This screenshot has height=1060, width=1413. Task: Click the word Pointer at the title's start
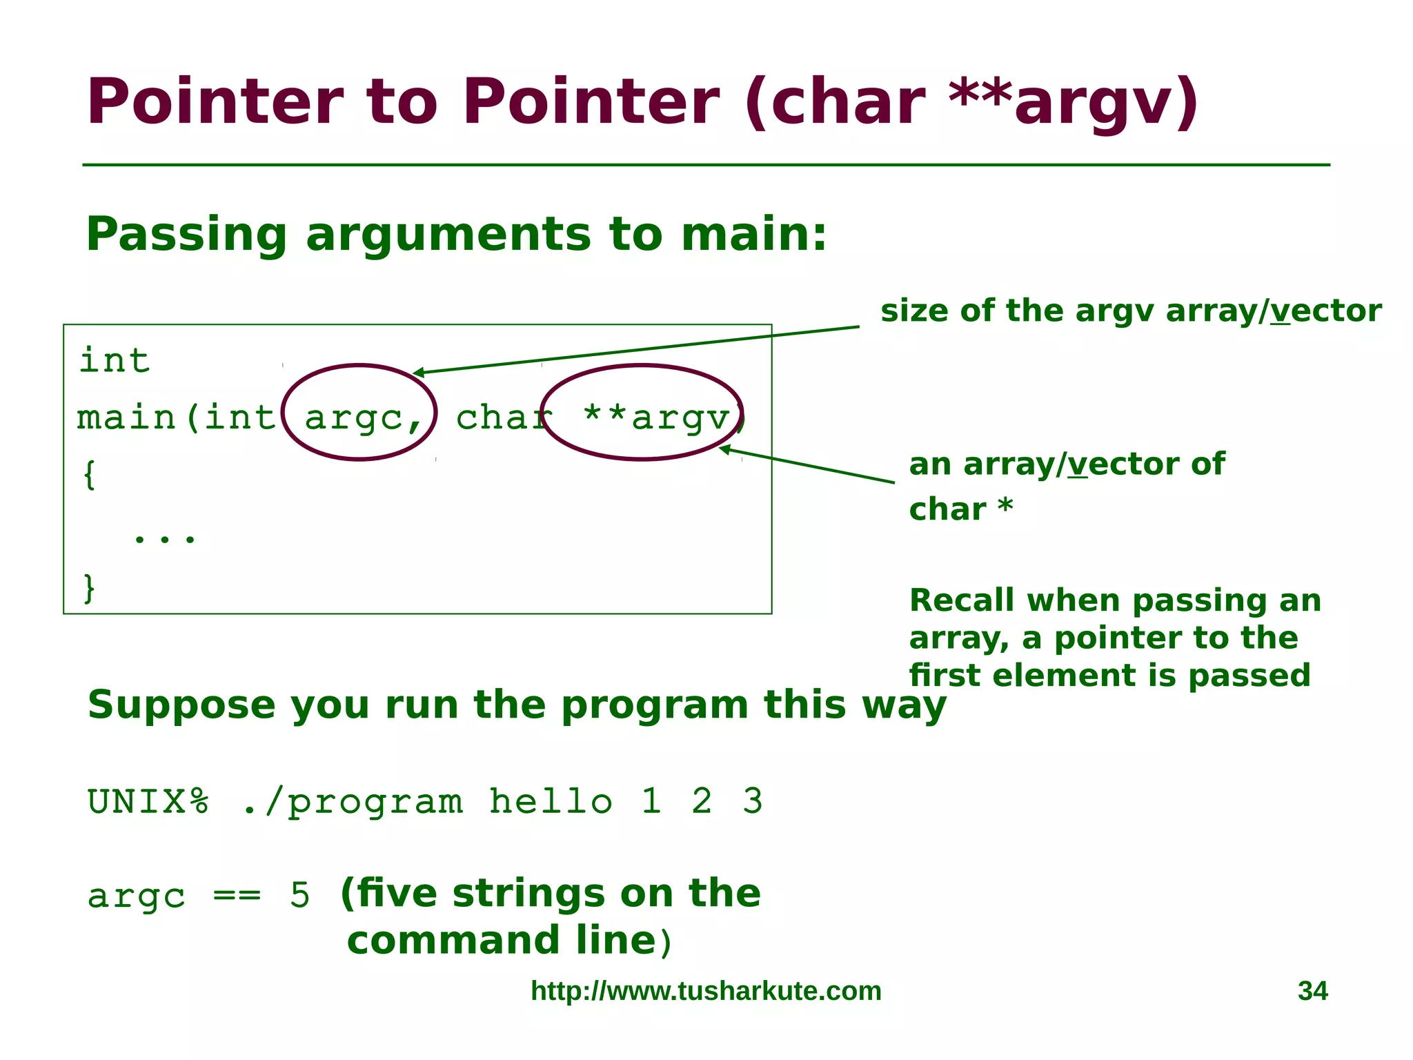click(x=214, y=102)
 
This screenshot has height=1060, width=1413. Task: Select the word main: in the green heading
click(x=753, y=235)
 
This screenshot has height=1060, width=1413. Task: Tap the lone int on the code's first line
click(x=115, y=360)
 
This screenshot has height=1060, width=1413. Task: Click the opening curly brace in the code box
click(x=89, y=475)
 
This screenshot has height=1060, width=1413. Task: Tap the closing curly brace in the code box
click(x=89, y=588)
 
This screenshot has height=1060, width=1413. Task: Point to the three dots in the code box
click(x=164, y=537)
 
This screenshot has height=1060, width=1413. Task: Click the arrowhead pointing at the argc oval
click(x=417, y=373)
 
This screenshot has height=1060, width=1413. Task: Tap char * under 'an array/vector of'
click(x=960, y=509)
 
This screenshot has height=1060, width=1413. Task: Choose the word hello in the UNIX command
click(x=551, y=801)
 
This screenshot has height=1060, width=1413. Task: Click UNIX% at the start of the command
click(x=148, y=801)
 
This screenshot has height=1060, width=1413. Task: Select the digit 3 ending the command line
click(x=752, y=801)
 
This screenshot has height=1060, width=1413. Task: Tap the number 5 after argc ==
click(x=299, y=896)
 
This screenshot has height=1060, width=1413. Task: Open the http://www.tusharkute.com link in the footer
click(x=706, y=991)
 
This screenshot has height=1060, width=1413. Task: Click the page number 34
click(x=1312, y=991)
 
